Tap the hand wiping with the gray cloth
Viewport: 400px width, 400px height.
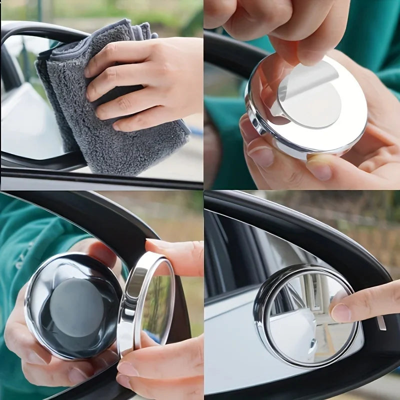(145, 80)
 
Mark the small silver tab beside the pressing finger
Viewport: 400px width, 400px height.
(381, 322)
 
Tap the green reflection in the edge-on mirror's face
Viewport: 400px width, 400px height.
(157, 305)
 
